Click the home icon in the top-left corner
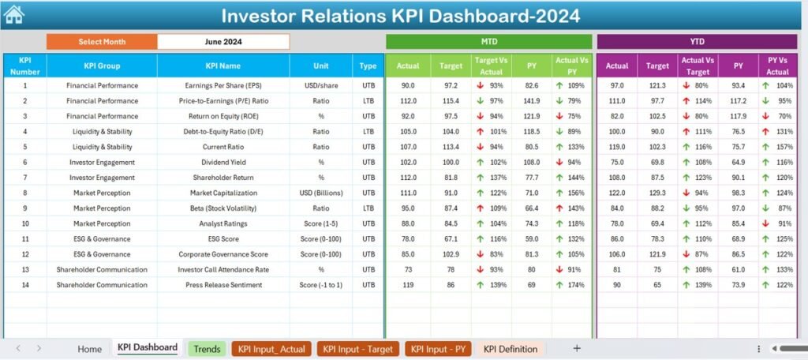pyautogui.click(x=13, y=14)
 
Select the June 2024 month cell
pyautogui.click(x=223, y=42)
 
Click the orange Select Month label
pyautogui.click(x=102, y=42)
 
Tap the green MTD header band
pyautogui.click(x=488, y=42)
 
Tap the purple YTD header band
pyautogui.click(x=697, y=42)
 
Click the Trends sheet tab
pyautogui.click(x=207, y=349)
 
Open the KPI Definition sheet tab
pyautogui.click(x=510, y=349)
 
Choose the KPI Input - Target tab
pyautogui.click(x=359, y=349)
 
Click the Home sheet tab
pyautogui.click(x=89, y=349)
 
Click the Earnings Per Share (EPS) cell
pyautogui.click(x=223, y=85)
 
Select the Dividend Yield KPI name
pyautogui.click(x=223, y=162)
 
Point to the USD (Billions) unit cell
pyautogui.click(x=320, y=193)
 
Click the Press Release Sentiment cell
pyautogui.click(x=223, y=284)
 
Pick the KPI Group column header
pyautogui.click(x=102, y=66)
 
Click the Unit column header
pyautogui.click(x=320, y=66)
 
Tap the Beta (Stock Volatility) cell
pyautogui.click(x=223, y=208)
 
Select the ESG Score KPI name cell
pyautogui.click(x=223, y=238)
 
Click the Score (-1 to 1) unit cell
pyautogui.click(x=320, y=284)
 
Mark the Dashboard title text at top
pyautogui.click(x=400, y=16)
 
